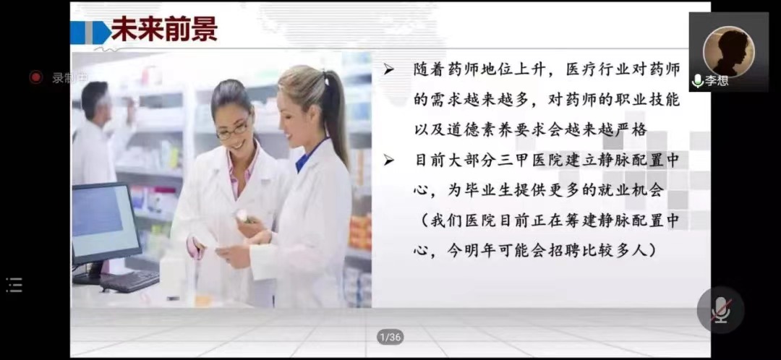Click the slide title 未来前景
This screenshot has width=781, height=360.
tap(164, 30)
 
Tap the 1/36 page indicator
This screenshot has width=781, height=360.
tap(390, 337)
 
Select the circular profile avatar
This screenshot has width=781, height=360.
tap(729, 52)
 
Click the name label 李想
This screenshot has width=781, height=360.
tap(717, 81)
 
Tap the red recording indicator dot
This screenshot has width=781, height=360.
tap(35, 77)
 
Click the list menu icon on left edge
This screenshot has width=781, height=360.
tap(14, 285)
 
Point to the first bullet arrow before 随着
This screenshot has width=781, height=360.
tap(388, 71)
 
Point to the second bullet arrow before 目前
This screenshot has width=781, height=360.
tap(388, 160)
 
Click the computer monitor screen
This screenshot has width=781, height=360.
tap(105, 220)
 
